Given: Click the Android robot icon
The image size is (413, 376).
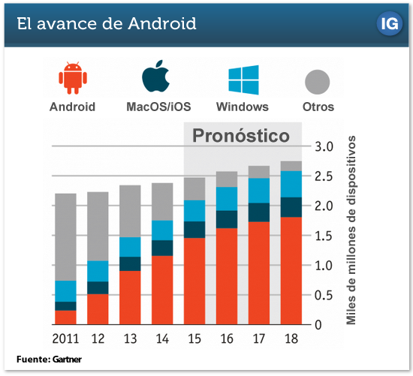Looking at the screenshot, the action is (73, 78).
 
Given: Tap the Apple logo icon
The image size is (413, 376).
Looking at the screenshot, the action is (155, 76).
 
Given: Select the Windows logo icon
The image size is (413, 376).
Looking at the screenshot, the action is (243, 80).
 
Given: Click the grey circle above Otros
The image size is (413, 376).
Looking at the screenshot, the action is (318, 82).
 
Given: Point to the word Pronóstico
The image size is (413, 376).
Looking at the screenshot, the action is (241, 136).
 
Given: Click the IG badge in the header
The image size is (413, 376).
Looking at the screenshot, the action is (390, 24).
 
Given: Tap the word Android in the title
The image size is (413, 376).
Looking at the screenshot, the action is (162, 23).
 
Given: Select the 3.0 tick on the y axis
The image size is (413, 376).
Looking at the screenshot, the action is (324, 146).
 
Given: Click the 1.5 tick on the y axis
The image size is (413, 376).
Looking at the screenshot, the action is (324, 236).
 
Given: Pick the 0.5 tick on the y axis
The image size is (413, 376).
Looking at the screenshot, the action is (324, 296).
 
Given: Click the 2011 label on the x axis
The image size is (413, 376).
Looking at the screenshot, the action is (65, 338).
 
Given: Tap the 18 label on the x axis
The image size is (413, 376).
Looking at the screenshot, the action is (291, 338).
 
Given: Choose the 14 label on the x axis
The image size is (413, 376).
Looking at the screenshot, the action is (162, 338).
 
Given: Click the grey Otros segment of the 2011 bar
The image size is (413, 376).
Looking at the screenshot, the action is (65, 237).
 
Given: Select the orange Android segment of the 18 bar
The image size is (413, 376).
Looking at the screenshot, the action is (291, 271).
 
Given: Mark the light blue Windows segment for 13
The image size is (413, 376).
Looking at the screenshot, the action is (130, 247).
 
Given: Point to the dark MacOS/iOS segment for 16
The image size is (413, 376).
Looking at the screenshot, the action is (227, 219).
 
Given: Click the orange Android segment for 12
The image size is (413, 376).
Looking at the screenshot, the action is (98, 309).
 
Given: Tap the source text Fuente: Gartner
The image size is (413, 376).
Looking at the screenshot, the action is (49, 359).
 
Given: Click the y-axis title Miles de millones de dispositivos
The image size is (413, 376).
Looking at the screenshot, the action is (351, 230).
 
